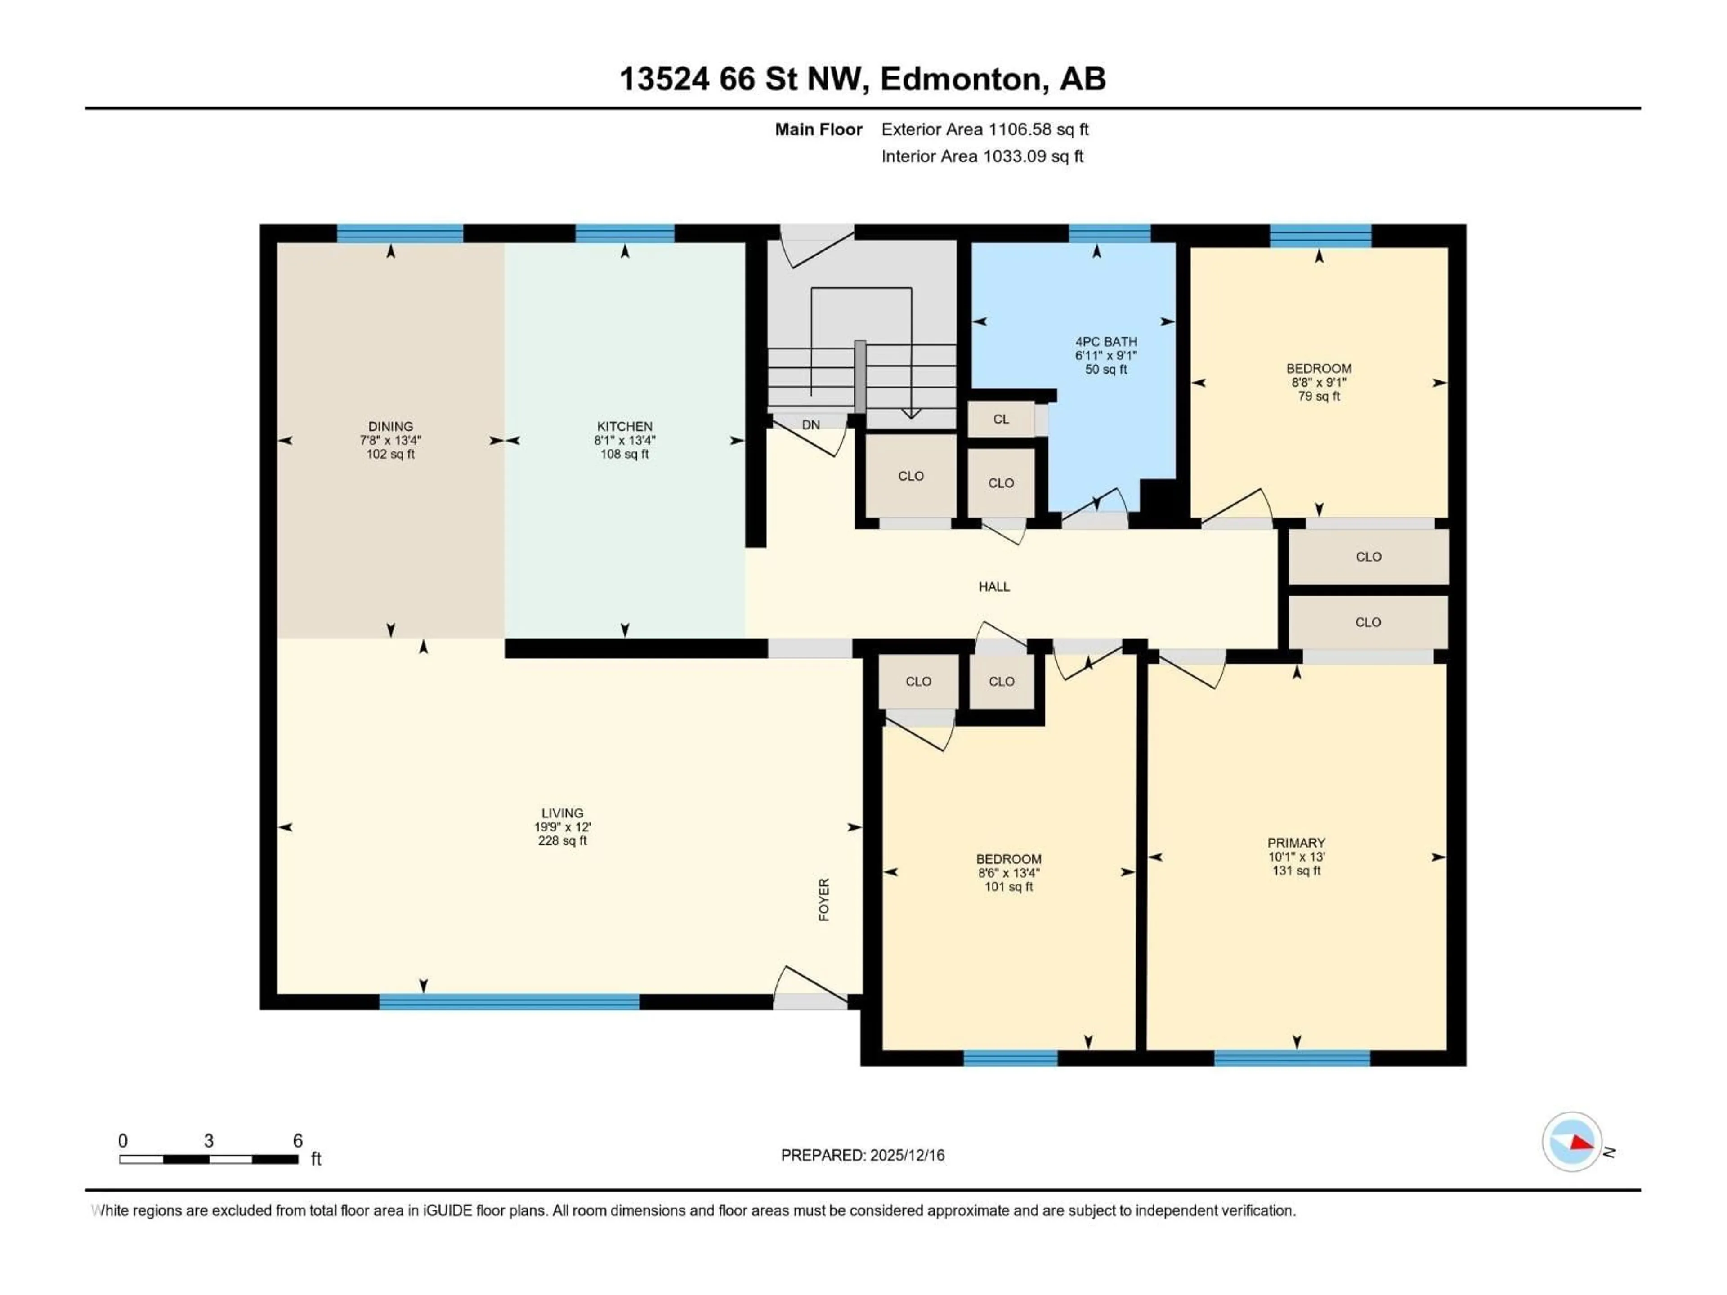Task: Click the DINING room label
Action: point(390,426)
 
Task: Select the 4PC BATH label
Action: point(1105,342)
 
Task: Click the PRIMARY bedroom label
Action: point(1296,843)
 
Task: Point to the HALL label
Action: point(994,587)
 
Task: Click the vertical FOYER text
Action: point(823,899)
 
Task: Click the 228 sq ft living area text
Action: point(562,841)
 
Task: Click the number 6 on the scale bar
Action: point(297,1140)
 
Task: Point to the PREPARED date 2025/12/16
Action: point(862,1155)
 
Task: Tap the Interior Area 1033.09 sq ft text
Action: point(982,156)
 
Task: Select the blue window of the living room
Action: point(509,1001)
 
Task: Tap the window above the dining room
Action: point(400,233)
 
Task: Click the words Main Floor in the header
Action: point(818,129)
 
